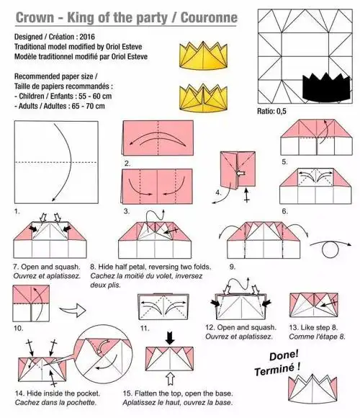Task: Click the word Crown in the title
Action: [x=35, y=17]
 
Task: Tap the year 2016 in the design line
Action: [x=87, y=37]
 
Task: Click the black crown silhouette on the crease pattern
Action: [x=326, y=86]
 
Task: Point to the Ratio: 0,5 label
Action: [x=271, y=111]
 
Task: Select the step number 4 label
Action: [x=218, y=192]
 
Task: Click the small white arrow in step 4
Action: [x=240, y=174]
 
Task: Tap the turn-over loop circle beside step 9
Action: [x=330, y=250]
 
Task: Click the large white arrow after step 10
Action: [x=73, y=310]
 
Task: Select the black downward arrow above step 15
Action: [x=170, y=338]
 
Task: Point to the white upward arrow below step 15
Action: [x=170, y=379]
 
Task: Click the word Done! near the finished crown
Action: [x=284, y=355]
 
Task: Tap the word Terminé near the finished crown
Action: [x=274, y=370]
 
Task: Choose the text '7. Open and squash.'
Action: [x=47, y=267]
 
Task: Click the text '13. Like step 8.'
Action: [x=313, y=327]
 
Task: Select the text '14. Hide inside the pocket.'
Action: [x=58, y=393]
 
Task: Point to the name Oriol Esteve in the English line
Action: [x=124, y=47]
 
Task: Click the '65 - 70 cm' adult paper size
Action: [x=88, y=106]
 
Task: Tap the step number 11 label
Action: [x=145, y=328]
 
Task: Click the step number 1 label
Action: [x=17, y=211]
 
